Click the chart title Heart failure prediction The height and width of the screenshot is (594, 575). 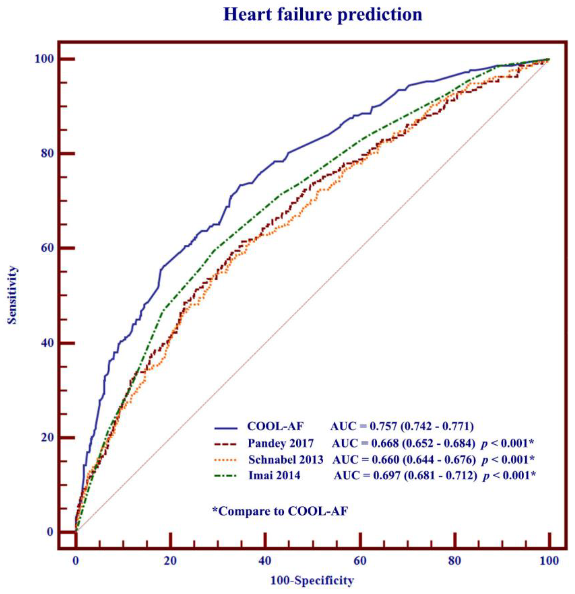322,14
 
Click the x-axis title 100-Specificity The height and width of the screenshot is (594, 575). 312,580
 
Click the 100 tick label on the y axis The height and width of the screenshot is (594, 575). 43,59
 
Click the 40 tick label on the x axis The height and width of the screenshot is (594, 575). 265,561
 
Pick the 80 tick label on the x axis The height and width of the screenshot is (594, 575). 454,561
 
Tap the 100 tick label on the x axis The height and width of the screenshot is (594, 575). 549,561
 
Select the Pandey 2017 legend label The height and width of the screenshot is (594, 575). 280,443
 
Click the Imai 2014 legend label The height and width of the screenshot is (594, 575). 274,475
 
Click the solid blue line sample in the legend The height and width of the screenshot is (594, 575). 226,428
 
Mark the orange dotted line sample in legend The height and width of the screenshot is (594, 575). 226,460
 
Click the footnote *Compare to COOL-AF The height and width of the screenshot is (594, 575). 280,511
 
